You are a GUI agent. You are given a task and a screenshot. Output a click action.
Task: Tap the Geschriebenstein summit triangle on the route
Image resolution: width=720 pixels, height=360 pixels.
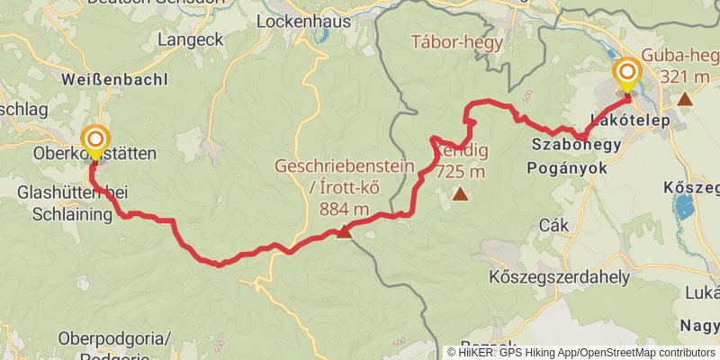coord(343,232)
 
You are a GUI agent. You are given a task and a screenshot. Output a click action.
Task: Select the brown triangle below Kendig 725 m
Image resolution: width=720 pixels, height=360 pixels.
coord(460,193)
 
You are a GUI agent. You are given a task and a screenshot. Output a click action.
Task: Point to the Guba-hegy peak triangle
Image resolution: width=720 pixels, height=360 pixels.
coord(686,99)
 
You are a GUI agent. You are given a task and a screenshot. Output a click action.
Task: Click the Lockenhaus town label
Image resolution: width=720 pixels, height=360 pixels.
coord(297,20)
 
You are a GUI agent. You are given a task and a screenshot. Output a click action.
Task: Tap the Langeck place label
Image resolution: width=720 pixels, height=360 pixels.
coord(189,40)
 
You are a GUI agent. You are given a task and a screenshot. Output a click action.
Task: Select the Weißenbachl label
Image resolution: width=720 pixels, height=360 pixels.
coord(114,79)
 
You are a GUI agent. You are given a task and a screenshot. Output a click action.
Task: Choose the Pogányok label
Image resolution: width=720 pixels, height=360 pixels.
coord(568,167)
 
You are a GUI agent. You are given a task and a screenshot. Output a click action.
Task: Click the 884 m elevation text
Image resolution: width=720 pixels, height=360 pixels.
coord(344,209)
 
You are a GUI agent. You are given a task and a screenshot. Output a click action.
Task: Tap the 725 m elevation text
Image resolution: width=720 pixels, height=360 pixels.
coord(461,173)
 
